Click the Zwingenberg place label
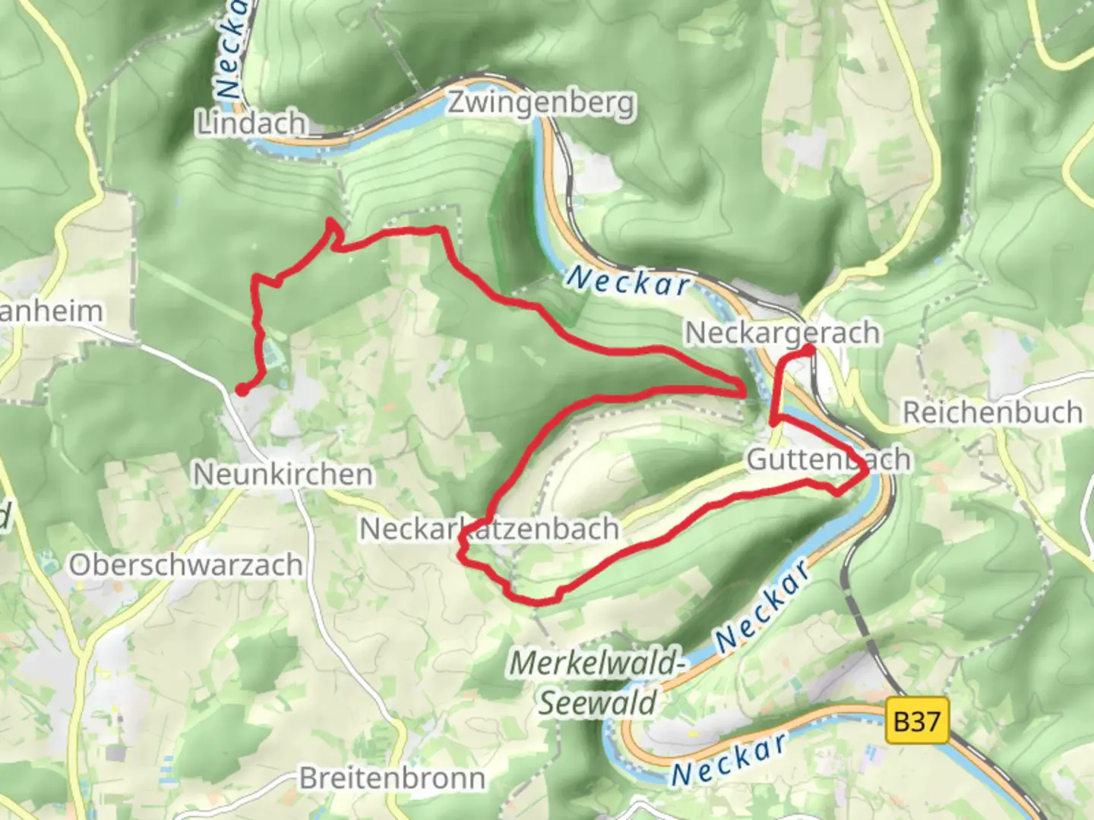click(x=541, y=102)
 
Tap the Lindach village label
click(x=251, y=123)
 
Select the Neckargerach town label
click(x=783, y=333)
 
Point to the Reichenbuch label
click(x=992, y=412)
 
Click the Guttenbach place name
click(x=828, y=459)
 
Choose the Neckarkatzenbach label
click(x=489, y=528)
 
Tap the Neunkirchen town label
click(x=283, y=475)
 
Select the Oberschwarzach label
click(x=186, y=565)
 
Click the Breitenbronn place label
click(x=392, y=778)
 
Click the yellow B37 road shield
click(x=918, y=720)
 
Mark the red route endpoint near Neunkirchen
click(x=241, y=389)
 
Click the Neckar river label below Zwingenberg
click(x=628, y=281)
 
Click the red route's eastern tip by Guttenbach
click(x=866, y=472)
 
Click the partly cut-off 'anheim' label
click(x=51, y=311)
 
